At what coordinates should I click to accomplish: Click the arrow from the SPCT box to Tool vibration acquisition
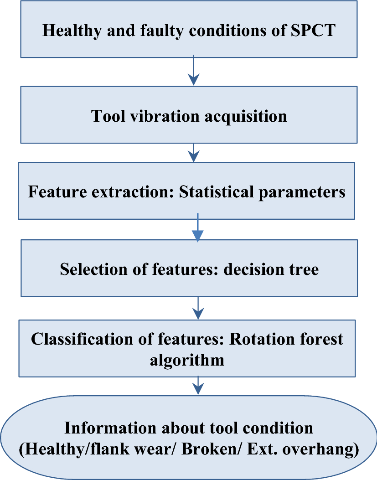195,71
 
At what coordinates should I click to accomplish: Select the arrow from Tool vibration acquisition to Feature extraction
195,153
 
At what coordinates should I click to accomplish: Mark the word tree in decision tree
304,269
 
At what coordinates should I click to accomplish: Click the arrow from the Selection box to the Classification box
197,309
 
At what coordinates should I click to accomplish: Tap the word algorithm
187,360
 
